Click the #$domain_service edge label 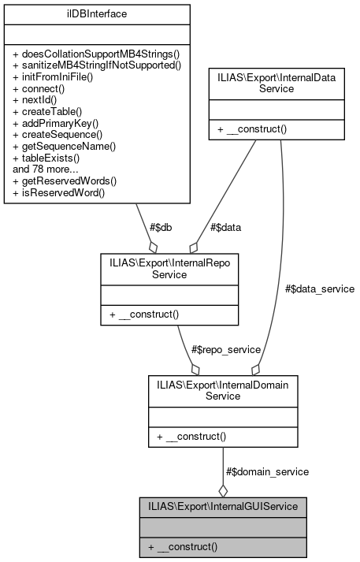coord(267,471)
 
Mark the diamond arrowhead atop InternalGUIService coord(223,489)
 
